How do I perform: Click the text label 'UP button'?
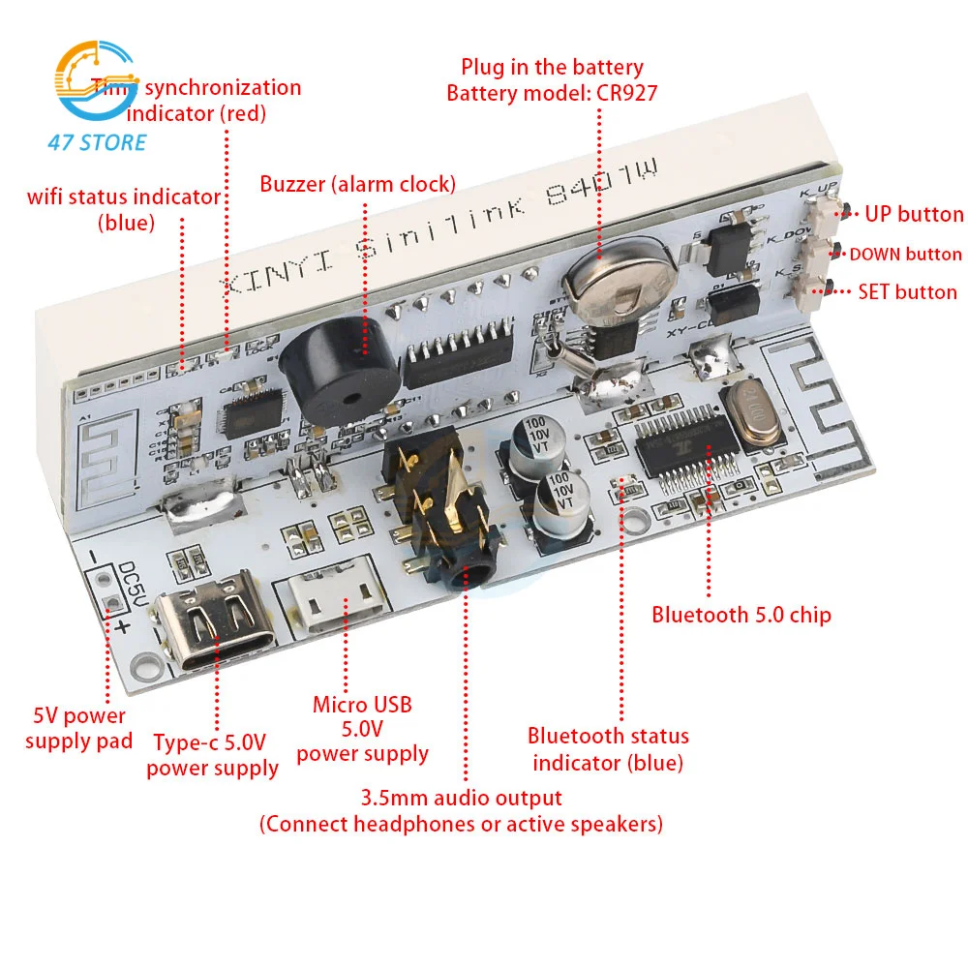(x=914, y=214)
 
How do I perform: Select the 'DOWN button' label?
(x=905, y=255)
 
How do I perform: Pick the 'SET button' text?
(x=907, y=291)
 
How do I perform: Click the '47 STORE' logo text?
(x=97, y=143)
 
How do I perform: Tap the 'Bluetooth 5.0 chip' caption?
(x=741, y=614)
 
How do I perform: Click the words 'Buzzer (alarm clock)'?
(x=357, y=183)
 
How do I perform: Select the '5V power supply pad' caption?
(x=78, y=729)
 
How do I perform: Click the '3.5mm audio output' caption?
(x=461, y=799)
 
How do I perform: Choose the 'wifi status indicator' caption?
(x=124, y=197)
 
